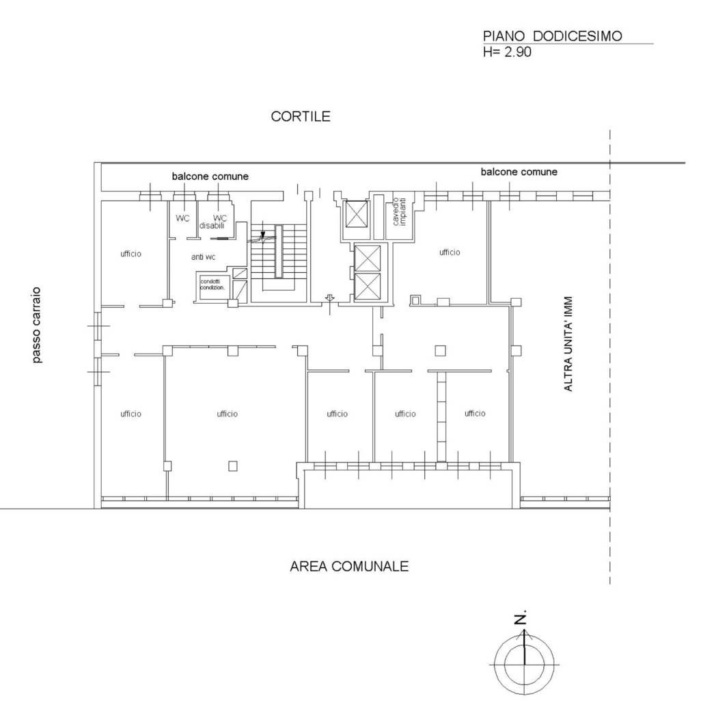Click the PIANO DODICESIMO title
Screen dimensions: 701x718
[552, 36]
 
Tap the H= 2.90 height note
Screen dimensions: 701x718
[507, 52]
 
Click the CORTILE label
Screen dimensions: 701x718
[301, 116]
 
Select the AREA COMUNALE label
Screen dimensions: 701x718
[349, 566]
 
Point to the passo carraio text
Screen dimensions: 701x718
[37, 325]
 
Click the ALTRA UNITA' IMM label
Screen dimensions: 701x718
[568, 344]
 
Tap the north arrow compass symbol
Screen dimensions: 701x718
[524, 659]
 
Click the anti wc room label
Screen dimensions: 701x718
[203, 257]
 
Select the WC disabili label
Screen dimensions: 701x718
[213, 222]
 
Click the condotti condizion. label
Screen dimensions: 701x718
[212, 284]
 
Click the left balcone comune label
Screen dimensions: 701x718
[210, 176]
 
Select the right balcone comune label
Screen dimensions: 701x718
[519, 172]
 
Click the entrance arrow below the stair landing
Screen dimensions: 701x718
[330, 300]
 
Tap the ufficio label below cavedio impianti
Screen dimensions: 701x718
[450, 252]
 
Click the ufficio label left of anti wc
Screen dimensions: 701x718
[131, 254]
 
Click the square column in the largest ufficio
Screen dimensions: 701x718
[233, 466]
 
